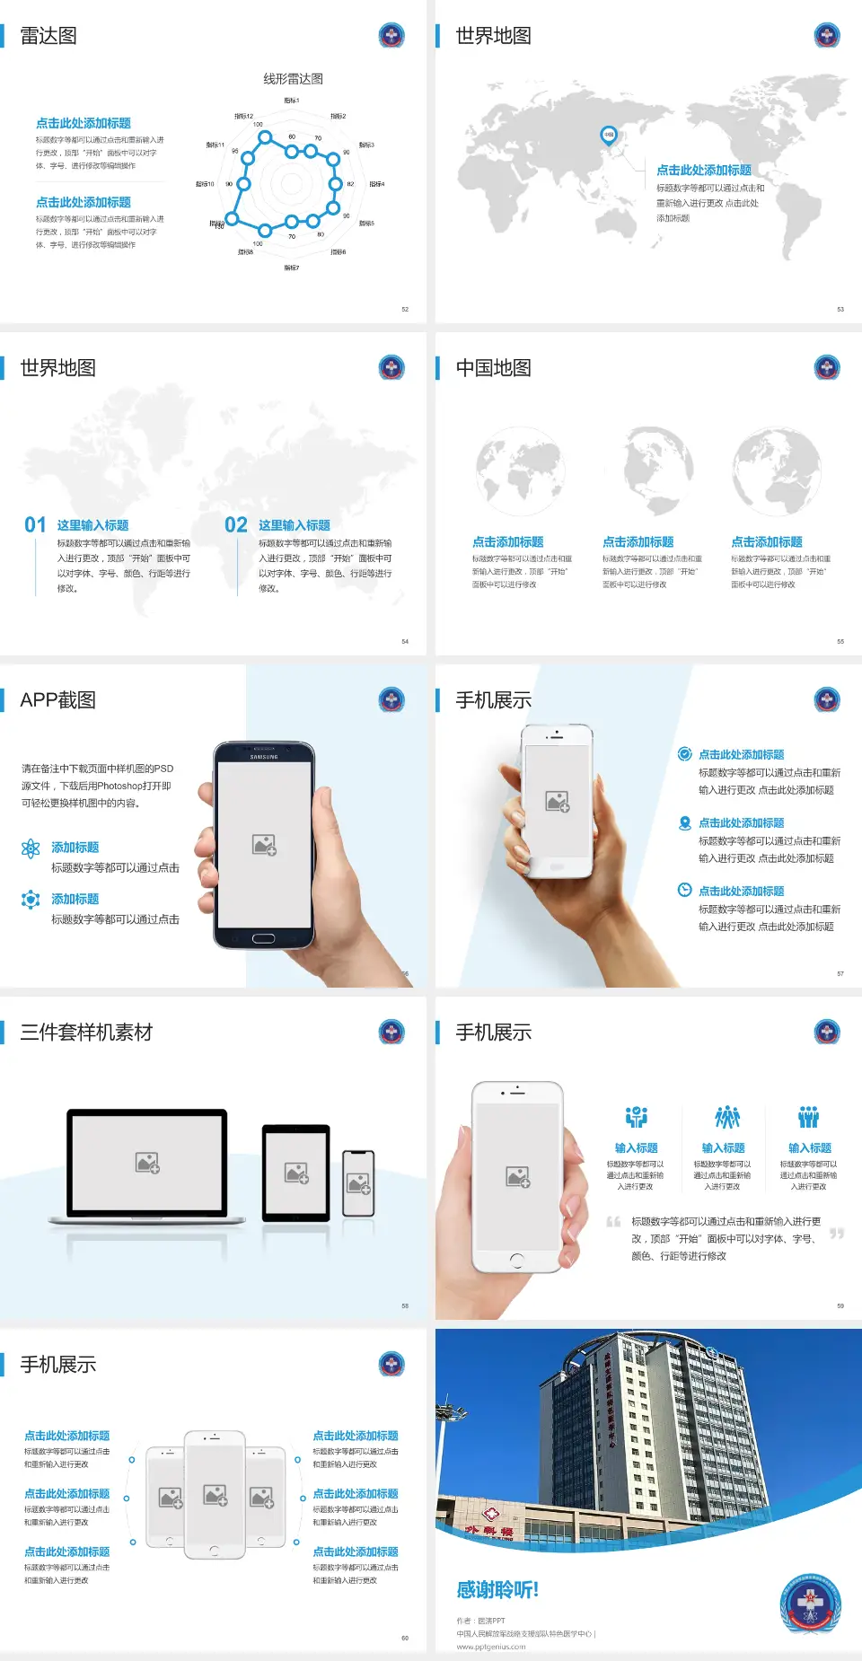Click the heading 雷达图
pos(48,36)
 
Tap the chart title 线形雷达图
pos(293,79)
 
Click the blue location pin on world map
pos(609,135)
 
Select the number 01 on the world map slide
pos(35,525)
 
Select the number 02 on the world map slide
pos(236,525)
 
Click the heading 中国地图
pos(493,368)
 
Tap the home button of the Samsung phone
pos(263,938)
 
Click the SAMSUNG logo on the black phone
pos(264,757)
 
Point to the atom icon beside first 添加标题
pos(31,848)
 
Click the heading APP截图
pos(57,700)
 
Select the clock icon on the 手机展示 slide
pos(684,890)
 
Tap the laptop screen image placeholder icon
pos(147,1163)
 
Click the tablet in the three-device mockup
pos(296,1172)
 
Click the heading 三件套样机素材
pos(86,1033)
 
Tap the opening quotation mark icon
pos(613,1222)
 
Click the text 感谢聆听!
pos(497,1590)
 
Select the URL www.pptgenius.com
pos(491,1647)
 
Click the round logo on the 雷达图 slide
pos(391,36)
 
